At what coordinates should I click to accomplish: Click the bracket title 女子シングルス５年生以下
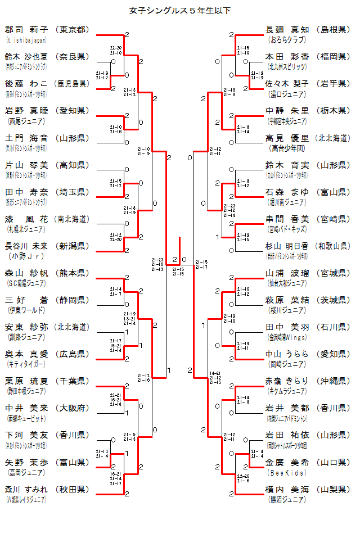tap(180, 10)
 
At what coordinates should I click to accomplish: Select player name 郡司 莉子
tap(26, 30)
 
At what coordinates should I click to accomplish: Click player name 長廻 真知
tap(287, 30)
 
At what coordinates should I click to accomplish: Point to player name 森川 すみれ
tap(26, 489)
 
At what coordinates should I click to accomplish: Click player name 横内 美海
tap(287, 489)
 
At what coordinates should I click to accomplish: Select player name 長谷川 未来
tap(26, 246)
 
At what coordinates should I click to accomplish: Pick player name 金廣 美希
tap(287, 462)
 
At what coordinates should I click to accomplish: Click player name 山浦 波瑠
tap(287, 273)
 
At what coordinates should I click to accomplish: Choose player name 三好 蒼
tap(26, 300)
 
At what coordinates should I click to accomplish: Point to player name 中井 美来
tap(26, 408)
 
